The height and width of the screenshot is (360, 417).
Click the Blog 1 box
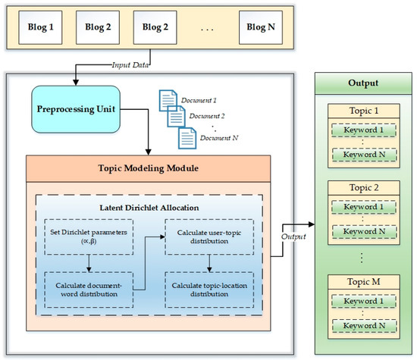[40, 27]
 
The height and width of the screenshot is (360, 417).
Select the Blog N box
[261, 27]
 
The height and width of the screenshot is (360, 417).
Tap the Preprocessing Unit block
[76, 109]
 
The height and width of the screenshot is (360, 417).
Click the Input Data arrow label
[130, 65]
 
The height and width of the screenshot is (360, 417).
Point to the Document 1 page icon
[168, 100]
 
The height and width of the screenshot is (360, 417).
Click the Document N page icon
[187, 138]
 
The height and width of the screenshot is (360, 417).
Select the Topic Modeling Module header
[148, 168]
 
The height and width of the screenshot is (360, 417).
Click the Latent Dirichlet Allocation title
[149, 208]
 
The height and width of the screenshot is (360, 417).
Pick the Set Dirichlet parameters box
[89, 237]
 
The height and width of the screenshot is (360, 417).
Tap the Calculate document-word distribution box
[89, 290]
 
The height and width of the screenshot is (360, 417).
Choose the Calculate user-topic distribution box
[209, 237]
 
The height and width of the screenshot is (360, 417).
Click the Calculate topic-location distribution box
[209, 290]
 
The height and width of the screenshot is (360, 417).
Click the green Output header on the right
[363, 83]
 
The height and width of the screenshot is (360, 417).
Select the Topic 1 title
[364, 111]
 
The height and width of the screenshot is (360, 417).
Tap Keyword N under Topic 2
[364, 232]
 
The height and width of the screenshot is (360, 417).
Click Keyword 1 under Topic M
[363, 301]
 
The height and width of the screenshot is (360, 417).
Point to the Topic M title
[363, 282]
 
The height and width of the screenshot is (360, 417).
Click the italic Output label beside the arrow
[293, 236]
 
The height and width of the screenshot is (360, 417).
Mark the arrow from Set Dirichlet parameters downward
[89, 264]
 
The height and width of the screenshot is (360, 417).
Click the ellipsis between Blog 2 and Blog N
[207, 30]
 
